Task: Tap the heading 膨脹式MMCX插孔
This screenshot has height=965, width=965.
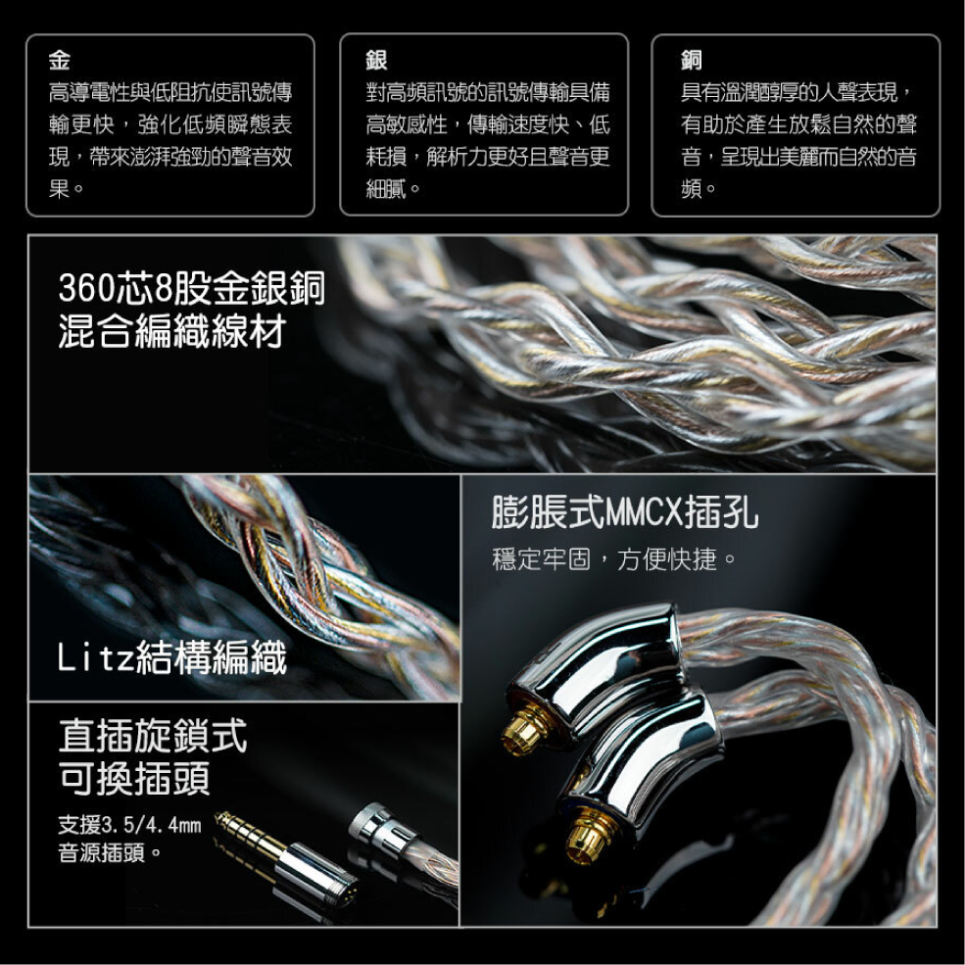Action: pos(624,511)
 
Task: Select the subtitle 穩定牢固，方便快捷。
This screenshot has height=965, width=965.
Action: pos(614,560)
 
